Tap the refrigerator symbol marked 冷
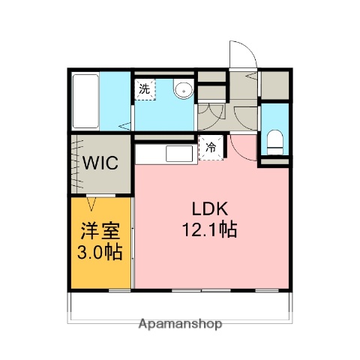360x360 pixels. pyautogui.click(x=211, y=148)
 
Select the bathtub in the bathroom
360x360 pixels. pyautogui.click(x=86, y=101)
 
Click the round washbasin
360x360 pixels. pyautogui.click(x=182, y=90)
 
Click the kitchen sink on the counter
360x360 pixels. pyautogui.click(x=179, y=155)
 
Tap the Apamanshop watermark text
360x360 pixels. pyautogui.click(x=181, y=325)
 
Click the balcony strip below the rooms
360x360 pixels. pyautogui.click(x=180, y=303)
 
